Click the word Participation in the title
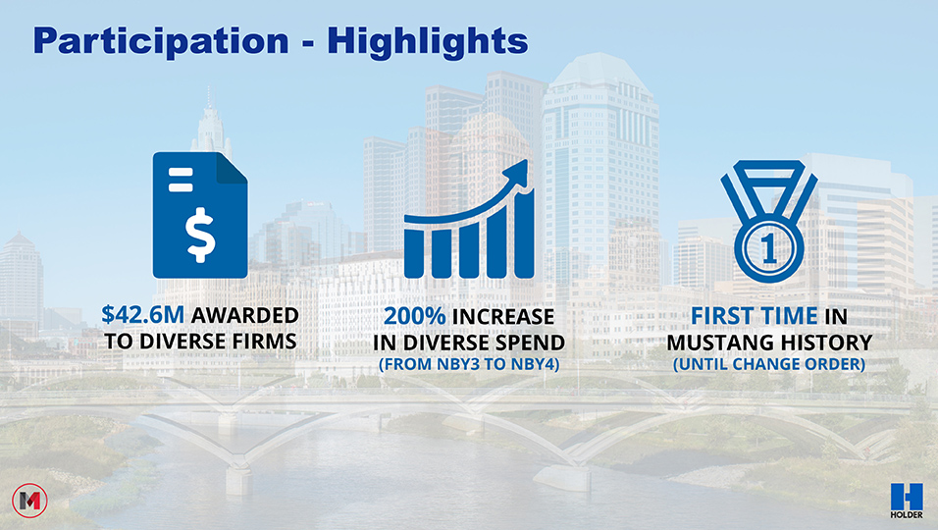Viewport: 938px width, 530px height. click(161, 41)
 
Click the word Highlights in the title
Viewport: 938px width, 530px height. click(428, 41)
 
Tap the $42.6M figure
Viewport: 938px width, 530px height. click(143, 315)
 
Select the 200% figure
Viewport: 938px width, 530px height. click(415, 316)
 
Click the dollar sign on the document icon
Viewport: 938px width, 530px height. click(200, 235)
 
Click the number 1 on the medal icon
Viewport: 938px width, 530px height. click(769, 248)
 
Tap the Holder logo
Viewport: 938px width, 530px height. click(907, 501)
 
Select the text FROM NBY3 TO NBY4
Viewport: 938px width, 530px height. click(469, 364)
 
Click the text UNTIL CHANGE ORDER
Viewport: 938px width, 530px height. click(769, 364)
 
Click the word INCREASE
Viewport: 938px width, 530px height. click(503, 316)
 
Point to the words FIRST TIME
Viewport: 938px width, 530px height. click(755, 315)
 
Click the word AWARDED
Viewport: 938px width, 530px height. click(244, 315)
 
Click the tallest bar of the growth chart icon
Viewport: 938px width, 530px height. click(523, 235)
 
